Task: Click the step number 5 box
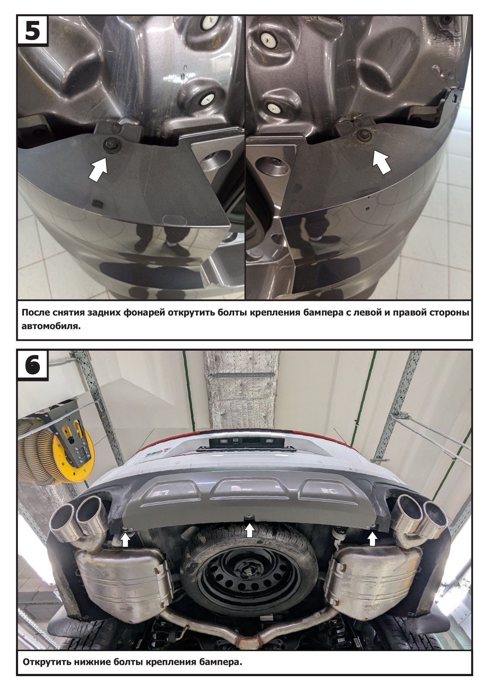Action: pos(33,30)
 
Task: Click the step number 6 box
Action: pos(33,365)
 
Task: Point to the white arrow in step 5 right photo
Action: pos(381,162)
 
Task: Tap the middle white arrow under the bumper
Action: pos(249,530)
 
